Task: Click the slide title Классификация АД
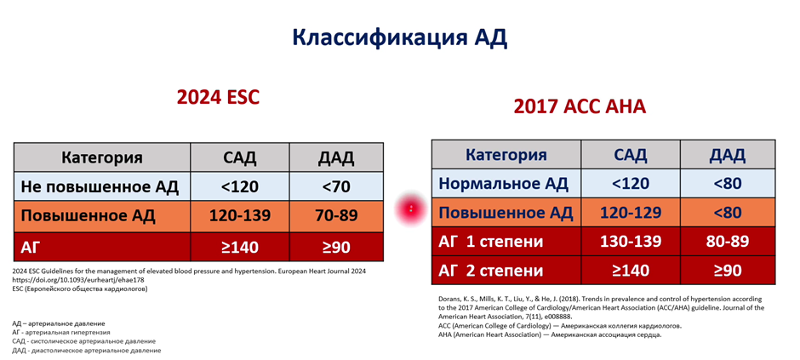[x=399, y=38]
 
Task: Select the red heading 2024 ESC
[x=219, y=97]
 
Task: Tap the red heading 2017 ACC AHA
[x=580, y=106]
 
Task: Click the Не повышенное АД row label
[x=100, y=187]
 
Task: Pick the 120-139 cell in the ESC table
[x=240, y=215]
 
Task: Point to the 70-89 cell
[x=336, y=215]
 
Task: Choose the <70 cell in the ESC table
[x=336, y=187]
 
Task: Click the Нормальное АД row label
[x=504, y=184]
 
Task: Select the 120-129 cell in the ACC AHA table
[x=631, y=212]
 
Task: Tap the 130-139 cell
[x=631, y=242]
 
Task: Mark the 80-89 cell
[x=728, y=242]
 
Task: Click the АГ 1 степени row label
[x=491, y=242]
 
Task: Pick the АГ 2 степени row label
[x=491, y=271]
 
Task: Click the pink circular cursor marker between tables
[x=411, y=209]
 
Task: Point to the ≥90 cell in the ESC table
[x=336, y=248]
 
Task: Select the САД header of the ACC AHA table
[x=631, y=155]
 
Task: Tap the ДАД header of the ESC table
[x=336, y=157]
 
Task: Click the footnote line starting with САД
[x=84, y=341]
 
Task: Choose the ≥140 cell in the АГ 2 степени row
[x=631, y=271]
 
